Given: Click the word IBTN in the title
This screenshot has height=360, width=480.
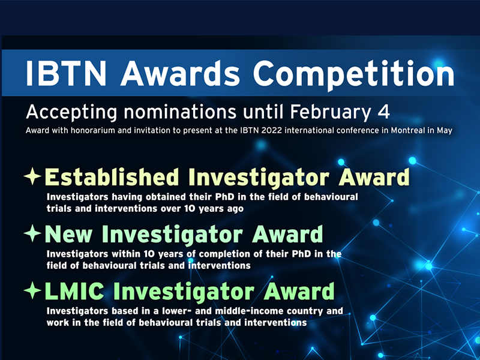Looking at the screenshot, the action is pos(66,73).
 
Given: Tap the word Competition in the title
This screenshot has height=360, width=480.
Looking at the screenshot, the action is pos(353,75).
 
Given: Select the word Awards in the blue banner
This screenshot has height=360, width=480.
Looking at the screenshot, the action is pos(180,73).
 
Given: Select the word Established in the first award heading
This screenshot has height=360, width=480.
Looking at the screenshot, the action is pos(112,177).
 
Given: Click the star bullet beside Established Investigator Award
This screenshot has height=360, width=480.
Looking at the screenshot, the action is pos(32,176).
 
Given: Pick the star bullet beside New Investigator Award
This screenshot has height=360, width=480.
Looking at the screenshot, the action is pos(32,233).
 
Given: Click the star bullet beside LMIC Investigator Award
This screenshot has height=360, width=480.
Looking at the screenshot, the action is pos(32,290).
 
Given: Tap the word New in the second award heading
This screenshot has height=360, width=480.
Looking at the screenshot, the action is pos(68,234).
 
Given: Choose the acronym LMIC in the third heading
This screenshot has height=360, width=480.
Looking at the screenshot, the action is pos(74,291).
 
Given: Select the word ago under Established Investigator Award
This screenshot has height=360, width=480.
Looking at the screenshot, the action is pos(235,209).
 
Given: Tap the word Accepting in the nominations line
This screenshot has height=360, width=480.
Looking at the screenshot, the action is pos(71,112).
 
